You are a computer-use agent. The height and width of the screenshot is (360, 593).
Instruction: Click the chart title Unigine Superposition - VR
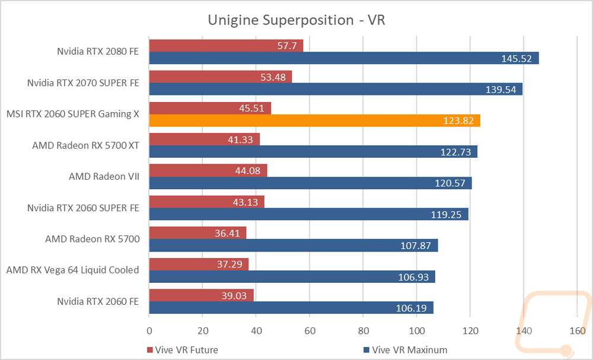pyautogui.click(x=296, y=20)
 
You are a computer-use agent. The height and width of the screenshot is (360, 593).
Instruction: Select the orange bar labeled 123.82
pyautogui.click(x=315, y=120)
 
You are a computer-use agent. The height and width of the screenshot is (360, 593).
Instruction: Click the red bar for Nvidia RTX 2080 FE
pyautogui.click(x=226, y=46)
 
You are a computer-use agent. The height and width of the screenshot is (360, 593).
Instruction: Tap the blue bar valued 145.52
pyautogui.click(x=344, y=58)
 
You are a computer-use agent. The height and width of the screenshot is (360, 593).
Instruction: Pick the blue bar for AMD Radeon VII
pyautogui.click(x=311, y=183)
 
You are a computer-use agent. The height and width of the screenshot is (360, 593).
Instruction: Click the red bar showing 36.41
pyautogui.click(x=198, y=233)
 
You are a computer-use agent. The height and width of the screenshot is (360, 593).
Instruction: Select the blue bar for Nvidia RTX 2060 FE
pyautogui.click(x=291, y=308)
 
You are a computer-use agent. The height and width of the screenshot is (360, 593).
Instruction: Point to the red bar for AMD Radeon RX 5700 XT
pyautogui.click(x=205, y=139)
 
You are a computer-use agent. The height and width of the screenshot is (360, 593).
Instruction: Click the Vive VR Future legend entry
pyautogui.click(x=182, y=350)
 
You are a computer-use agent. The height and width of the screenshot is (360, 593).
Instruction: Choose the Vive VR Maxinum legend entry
pyautogui.click(x=405, y=350)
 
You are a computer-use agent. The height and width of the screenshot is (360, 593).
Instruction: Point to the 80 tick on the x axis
pyautogui.click(x=364, y=330)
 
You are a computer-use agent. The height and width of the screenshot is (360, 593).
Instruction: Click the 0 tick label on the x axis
pyautogui.click(x=149, y=330)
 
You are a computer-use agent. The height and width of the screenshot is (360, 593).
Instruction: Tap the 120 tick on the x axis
pyautogui.click(x=470, y=330)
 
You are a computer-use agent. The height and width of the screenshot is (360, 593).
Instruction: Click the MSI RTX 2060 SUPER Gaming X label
pyautogui.click(x=73, y=114)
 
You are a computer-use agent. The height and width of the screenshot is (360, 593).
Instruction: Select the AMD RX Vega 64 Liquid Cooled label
pyautogui.click(x=72, y=270)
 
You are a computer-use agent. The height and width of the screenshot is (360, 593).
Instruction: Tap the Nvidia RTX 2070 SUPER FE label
pyautogui.click(x=83, y=83)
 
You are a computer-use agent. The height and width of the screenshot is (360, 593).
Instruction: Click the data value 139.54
pyautogui.click(x=500, y=90)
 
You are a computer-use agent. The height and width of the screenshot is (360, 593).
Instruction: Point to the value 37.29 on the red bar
pyautogui.click(x=229, y=264)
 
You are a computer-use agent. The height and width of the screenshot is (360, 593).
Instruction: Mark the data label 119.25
pyautogui.click(x=447, y=215)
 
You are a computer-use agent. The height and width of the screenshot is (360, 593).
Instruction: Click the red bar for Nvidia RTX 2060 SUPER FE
pyautogui.click(x=207, y=202)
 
